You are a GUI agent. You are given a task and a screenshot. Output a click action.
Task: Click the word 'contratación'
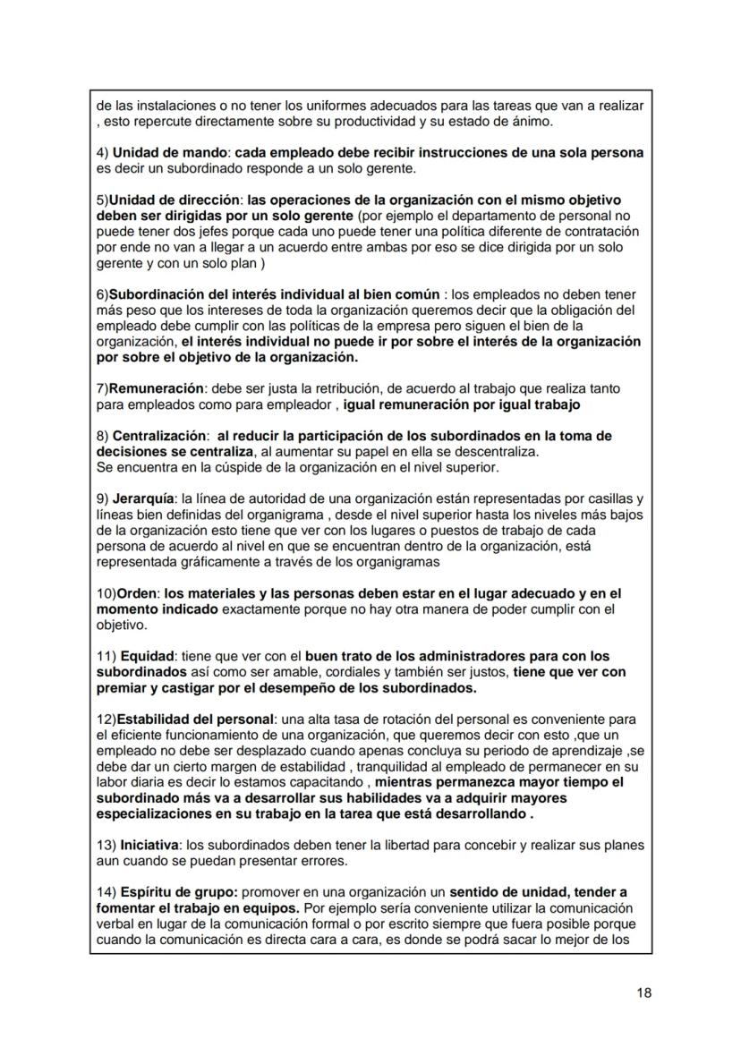click(x=599, y=230)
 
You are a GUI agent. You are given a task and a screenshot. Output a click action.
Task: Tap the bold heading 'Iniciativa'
click(x=147, y=845)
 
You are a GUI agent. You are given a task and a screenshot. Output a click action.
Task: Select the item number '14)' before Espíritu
click(x=106, y=892)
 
